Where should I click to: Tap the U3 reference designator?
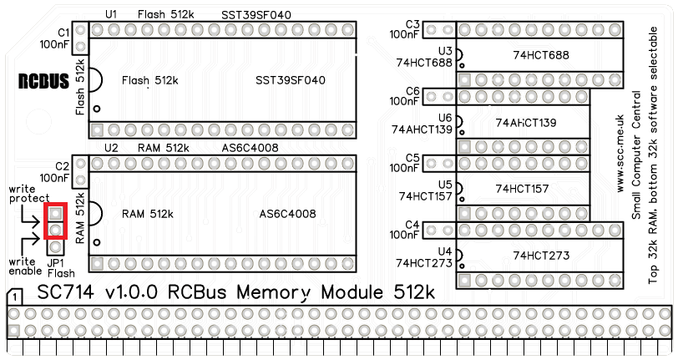444,51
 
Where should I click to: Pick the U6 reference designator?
444,118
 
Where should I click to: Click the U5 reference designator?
444,185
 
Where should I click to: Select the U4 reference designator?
444,251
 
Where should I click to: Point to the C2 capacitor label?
63,166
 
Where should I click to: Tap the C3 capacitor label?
411,23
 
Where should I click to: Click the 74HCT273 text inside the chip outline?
541,256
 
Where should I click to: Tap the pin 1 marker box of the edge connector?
15,297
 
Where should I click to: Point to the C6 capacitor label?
411,90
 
